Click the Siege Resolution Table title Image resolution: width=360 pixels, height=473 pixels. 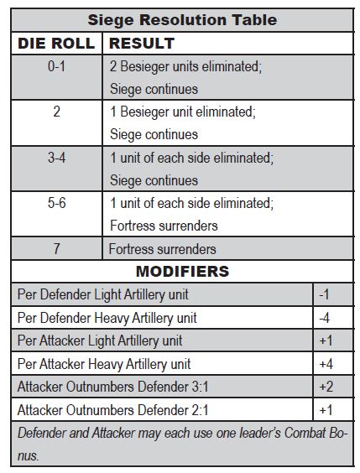point(181,19)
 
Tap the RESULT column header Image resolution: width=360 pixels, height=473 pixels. point(142,42)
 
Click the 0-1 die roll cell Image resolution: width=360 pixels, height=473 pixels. point(56,65)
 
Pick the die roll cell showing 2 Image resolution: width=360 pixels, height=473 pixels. point(56,112)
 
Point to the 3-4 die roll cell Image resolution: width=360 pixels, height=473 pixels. point(56,157)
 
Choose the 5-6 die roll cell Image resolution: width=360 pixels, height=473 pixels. point(56,203)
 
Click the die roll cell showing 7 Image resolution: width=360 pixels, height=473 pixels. point(56,248)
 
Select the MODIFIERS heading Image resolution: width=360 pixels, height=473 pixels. point(182,272)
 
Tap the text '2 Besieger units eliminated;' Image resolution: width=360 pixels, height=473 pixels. point(185,65)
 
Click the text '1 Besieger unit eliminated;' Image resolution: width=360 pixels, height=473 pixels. point(182,112)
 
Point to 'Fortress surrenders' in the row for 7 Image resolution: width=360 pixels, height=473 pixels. point(163,248)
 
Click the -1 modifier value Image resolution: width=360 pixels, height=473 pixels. point(325,294)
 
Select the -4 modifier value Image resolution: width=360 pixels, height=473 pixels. point(325,318)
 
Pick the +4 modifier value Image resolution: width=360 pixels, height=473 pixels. point(326,364)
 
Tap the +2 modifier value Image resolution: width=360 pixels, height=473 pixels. point(326,387)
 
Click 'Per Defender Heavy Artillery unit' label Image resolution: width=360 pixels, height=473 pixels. point(107,318)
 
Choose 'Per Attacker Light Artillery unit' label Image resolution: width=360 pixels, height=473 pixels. point(100,340)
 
